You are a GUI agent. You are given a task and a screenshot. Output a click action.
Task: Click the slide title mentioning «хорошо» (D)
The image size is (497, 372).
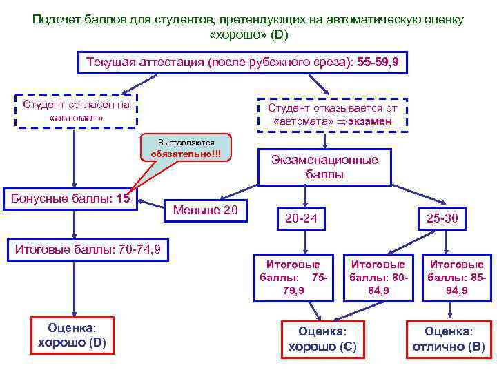(x=248, y=26)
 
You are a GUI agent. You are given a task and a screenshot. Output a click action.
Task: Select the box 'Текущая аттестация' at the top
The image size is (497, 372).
(x=242, y=62)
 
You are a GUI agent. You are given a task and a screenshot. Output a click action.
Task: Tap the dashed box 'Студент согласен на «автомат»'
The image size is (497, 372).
(x=77, y=111)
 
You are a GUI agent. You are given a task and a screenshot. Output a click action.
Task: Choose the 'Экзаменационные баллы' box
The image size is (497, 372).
(x=324, y=167)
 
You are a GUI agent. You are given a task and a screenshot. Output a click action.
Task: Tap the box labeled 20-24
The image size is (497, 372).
(x=301, y=218)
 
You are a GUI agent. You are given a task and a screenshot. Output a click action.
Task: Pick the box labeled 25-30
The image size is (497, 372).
(x=442, y=218)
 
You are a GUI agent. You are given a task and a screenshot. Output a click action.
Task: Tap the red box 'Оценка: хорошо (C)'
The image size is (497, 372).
(x=322, y=339)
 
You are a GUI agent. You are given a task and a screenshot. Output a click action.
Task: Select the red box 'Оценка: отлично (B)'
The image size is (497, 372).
(x=448, y=339)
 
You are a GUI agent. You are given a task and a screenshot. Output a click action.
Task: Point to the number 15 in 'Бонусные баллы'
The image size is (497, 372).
(x=124, y=199)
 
